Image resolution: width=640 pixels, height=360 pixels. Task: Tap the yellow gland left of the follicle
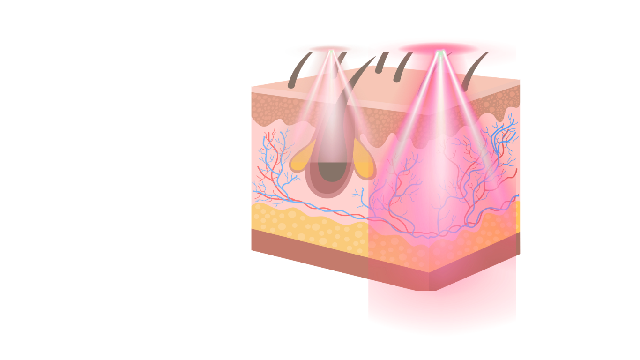pyautogui.click(x=300, y=162)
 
